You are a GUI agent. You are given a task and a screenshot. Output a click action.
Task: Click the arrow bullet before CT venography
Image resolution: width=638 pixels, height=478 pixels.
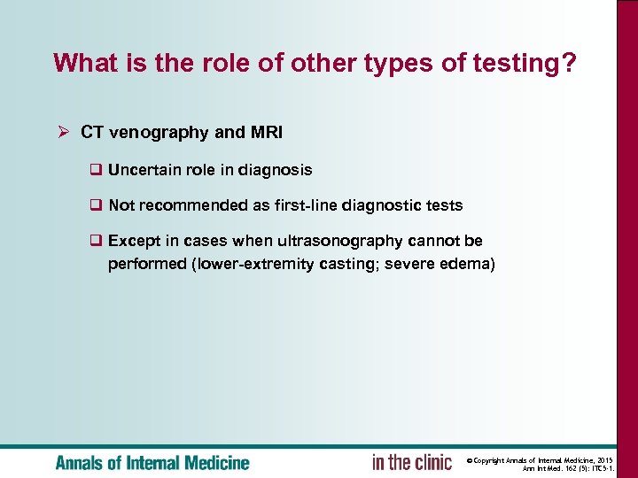[62, 133]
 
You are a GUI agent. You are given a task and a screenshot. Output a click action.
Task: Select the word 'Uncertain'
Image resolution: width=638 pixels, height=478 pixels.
[143, 169]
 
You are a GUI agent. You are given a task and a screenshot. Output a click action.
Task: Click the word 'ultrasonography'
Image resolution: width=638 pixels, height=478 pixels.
[327, 241]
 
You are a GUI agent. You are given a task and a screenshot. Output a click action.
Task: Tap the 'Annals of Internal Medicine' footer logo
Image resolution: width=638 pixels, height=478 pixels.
[152, 463]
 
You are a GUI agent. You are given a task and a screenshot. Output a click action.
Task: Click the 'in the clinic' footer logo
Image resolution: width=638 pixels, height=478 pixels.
[411, 462]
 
